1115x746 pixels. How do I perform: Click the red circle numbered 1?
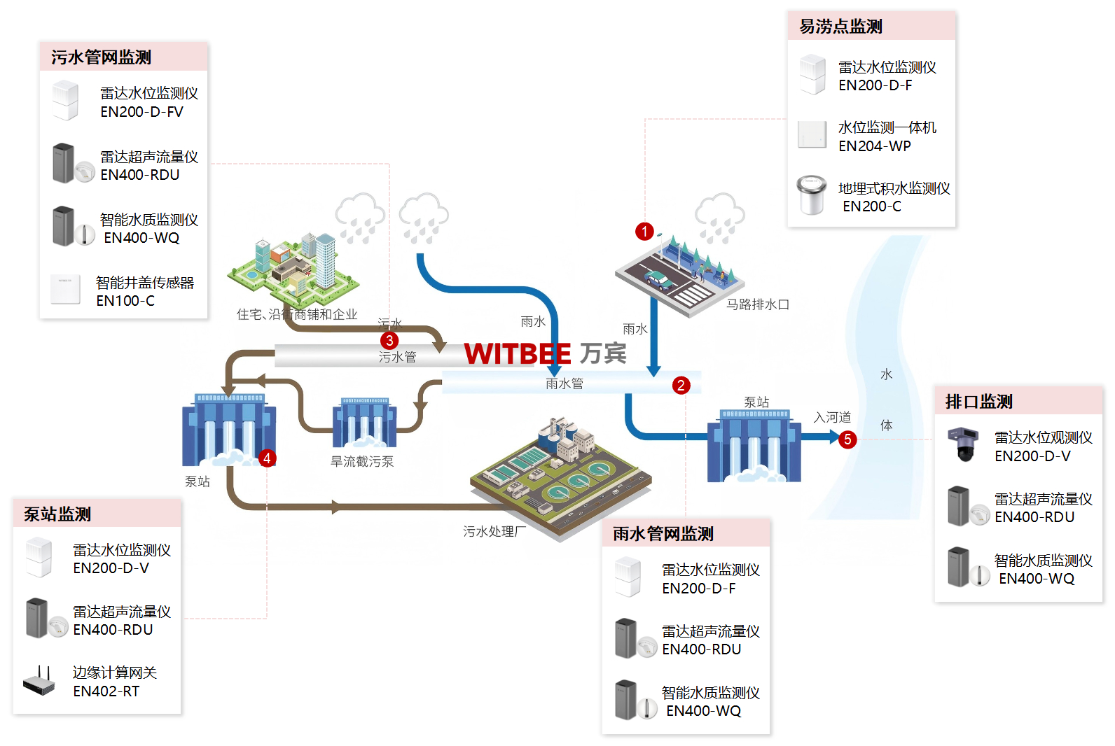(x=644, y=232)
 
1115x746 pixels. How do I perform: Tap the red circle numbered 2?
(x=681, y=385)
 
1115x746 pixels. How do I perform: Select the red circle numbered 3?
(x=389, y=341)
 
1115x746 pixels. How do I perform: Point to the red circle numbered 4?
(x=267, y=458)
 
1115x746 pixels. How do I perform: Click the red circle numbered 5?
(x=847, y=439)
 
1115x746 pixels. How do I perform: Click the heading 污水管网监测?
(x=101, y=57)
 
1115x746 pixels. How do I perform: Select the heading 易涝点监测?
(x=840, y=27)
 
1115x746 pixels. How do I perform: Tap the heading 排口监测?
(x=978, y=402)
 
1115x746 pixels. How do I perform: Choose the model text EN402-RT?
(x=106, y=691)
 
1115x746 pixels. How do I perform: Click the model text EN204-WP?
(x=875, y=146)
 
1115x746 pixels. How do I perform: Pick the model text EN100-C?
(x=125, y=301)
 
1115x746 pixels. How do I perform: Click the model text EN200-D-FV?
(x=141, y=112)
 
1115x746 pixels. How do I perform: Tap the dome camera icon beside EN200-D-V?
(x=963, y=444)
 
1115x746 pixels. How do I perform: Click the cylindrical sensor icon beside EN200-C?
(x=812, y=195)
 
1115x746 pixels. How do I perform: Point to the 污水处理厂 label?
(x=494, y=532)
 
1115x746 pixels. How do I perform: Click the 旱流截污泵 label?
(x=362, y=462)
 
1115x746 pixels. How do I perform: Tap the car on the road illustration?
(x=658, y=280)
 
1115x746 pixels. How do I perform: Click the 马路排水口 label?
(x=757, y=304)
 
